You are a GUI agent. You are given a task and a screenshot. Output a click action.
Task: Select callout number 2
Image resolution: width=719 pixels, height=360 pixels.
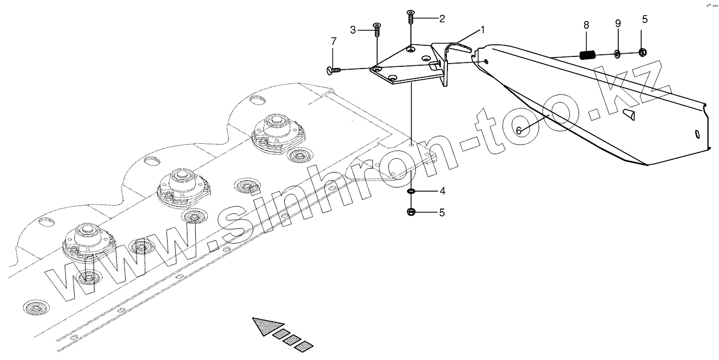442,19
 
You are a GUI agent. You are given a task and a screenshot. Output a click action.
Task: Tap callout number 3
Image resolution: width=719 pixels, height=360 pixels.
352,29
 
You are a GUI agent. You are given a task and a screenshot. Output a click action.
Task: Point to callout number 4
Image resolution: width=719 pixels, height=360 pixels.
442,191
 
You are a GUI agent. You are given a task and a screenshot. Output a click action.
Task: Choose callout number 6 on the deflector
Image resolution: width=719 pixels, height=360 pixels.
519,131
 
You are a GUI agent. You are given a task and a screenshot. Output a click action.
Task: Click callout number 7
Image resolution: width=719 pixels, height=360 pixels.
333,41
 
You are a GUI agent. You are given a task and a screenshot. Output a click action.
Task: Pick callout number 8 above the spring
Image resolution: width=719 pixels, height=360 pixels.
586,25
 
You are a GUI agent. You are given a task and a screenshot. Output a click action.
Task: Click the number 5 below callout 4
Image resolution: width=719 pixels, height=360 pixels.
442,212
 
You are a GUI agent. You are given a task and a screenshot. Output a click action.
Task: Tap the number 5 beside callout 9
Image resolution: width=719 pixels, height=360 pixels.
644,19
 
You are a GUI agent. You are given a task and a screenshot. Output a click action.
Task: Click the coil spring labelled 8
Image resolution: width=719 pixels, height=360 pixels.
587,55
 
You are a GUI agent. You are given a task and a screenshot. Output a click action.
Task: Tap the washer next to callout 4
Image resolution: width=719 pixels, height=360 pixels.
411,191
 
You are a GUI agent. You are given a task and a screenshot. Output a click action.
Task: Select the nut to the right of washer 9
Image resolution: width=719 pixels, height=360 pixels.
642,53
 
